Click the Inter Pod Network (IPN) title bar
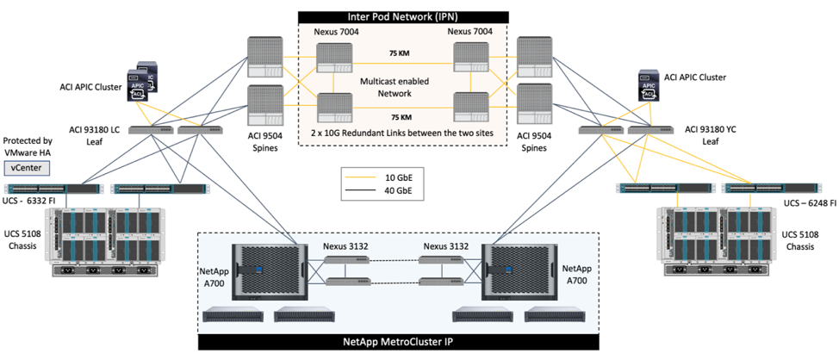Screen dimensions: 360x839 tap(401, 16)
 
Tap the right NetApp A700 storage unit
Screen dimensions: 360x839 tap(523, 268)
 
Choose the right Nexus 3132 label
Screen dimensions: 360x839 tap(446, 245)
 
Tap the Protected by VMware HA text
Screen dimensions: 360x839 tap(28, 146)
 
